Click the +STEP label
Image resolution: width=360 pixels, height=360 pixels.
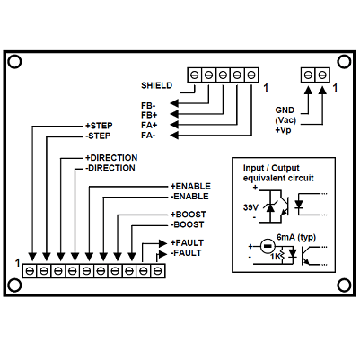[x=99, y=126]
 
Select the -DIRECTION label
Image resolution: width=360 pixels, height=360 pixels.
[x=110, y=168]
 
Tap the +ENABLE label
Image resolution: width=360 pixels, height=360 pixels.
[x=190, y=187]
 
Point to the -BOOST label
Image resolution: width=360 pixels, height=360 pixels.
[x=188, y=224]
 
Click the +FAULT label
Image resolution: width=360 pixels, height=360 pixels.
[x=187, y=242]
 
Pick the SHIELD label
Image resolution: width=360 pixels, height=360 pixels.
[x=157, y=85]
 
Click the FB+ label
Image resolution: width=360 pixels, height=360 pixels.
[x=149, y=115]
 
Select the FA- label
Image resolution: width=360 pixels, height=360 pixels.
[x=148, y=136]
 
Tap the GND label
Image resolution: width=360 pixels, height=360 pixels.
[x=285, y=110]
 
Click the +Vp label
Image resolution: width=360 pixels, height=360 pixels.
[x=283, y=130]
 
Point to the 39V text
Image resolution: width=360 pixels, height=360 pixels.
[x=250, y=207]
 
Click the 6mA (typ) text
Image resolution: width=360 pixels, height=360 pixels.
[x=296, y=238]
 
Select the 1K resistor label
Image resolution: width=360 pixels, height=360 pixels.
[x=275, y=257]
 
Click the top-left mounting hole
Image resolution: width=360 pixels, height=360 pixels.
[x=14, y=62]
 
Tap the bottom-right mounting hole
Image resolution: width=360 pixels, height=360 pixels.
[x=344, y=285]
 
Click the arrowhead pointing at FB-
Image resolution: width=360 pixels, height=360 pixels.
[x=174, y=103]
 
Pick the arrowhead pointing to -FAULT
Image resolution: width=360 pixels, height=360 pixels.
[x=162, y=254]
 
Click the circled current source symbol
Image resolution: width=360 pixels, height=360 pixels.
[x=268, y=246]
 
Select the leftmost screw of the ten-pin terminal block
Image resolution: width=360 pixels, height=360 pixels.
[x=30, y=271]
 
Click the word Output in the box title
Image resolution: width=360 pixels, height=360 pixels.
[x=285, y=168]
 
